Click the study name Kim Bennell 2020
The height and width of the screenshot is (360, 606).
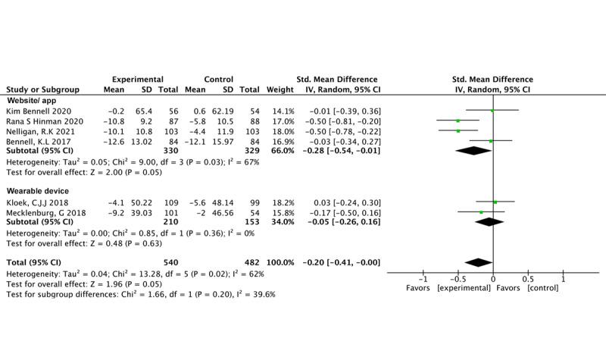34,111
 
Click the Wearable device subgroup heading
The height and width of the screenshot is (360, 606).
37,191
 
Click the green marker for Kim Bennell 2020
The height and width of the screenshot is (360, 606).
492,111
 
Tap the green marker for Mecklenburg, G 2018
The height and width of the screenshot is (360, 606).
481,213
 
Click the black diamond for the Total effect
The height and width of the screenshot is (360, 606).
479,262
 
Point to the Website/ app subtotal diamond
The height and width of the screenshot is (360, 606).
473,151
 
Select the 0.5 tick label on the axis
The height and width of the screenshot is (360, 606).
527,279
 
